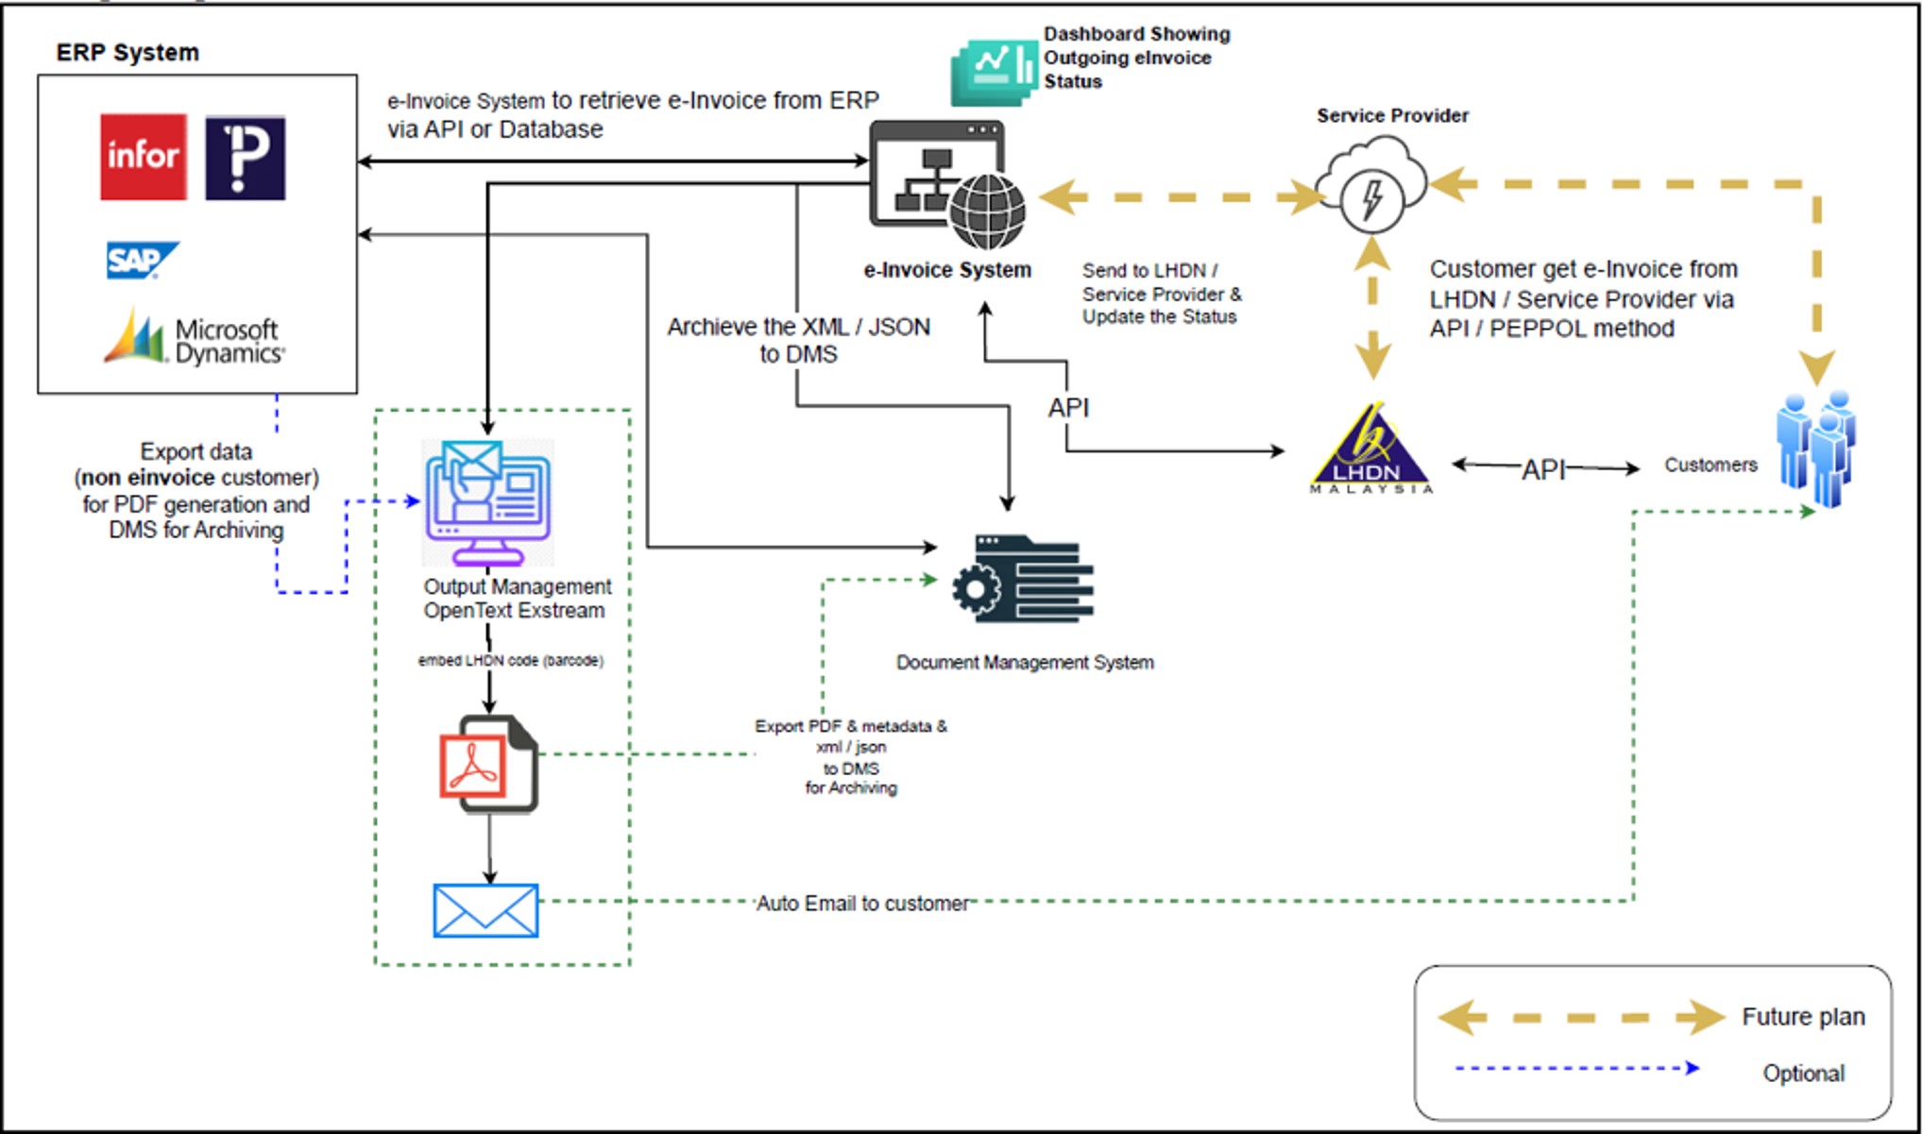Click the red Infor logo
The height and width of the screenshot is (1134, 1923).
coord(144,157)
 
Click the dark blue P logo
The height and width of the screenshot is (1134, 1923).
coord(245,158)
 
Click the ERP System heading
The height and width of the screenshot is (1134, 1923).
coord(128,52)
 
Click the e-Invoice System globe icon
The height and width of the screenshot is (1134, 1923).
coord(987,212)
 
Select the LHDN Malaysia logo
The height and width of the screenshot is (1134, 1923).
coord(1370,449)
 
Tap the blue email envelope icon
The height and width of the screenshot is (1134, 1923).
coord(485,910)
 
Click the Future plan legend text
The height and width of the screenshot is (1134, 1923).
coord(1802,1017)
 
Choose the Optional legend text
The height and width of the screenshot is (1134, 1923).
coord(1802,1074)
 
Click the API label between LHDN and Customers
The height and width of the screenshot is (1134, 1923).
coord(1543,469)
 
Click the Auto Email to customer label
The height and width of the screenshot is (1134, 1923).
coord(862,904)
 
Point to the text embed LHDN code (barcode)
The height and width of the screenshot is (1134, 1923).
coord(510,660)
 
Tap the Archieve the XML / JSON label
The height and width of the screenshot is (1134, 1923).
coord(798,340)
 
